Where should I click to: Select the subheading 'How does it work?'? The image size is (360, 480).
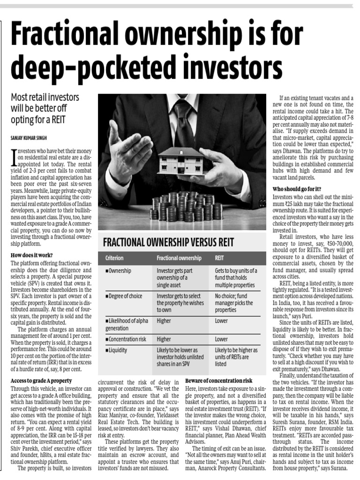(31, 255)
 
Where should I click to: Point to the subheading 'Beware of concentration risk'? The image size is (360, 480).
(219, 380)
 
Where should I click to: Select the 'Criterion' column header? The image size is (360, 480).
(114, 258)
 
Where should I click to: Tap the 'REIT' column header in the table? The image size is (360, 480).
(219, 258)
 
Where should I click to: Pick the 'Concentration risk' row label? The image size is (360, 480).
(127, 338)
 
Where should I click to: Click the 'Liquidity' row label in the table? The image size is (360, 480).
(118, 350)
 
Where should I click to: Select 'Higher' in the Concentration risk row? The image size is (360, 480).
(164, 338)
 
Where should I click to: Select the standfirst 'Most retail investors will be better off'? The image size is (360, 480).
(45, 103)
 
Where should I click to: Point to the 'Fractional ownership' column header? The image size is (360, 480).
(179, 258)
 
